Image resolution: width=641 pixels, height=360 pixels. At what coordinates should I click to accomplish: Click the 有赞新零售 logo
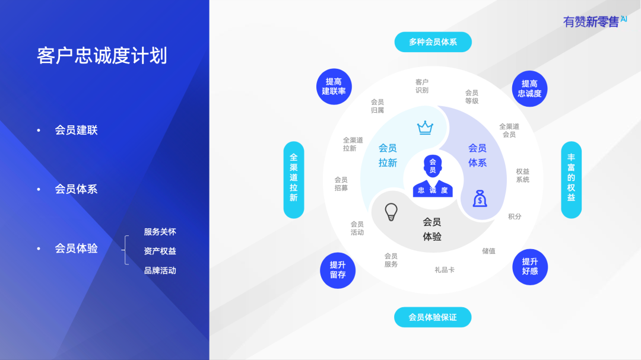pos(594,21)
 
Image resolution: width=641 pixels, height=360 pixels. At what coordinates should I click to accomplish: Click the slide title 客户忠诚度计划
pos(102,56)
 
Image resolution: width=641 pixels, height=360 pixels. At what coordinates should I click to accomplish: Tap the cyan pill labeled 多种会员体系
pos(433,42)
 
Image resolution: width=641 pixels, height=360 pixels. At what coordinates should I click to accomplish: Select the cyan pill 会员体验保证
pos(433,317)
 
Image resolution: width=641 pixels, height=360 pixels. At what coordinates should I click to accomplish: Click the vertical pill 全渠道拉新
pos(294,179)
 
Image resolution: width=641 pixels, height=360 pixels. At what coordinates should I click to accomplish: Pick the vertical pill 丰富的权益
pos(571,179)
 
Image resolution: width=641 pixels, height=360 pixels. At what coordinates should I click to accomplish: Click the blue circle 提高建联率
pos(334,87)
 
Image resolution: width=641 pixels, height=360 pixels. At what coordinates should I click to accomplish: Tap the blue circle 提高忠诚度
pos(529,89)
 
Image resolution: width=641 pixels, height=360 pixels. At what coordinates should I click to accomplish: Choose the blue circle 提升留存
pos(338,270)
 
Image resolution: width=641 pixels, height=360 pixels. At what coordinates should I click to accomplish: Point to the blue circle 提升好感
pos(529,266)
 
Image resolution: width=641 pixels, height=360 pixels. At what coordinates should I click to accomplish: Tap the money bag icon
pos(480,198)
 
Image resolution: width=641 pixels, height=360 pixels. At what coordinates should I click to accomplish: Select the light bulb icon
pos(391,211)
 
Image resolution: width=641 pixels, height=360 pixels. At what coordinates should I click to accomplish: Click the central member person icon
pos(433,177)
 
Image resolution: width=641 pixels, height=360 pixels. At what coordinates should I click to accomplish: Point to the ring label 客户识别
pos(422,86)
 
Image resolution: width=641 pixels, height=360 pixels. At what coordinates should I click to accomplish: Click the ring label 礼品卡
pos(445,270)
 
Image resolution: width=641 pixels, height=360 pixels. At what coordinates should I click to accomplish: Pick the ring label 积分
pos(515,216)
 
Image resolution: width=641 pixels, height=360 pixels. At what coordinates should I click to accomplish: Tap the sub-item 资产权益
pos(160,251)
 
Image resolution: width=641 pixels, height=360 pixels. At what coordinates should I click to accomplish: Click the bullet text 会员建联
pos(76,130)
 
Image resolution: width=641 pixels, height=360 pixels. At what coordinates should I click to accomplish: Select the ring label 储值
pos(488,251)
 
